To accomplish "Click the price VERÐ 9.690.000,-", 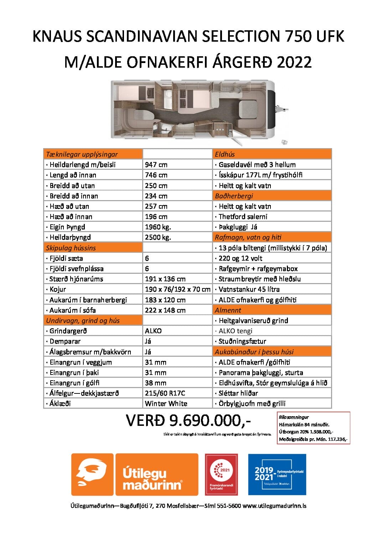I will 188,420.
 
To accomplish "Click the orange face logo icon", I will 92,474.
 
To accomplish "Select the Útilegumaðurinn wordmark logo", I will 156,474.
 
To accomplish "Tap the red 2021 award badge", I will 221,474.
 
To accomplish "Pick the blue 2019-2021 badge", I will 277,474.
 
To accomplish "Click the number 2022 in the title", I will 294,62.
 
